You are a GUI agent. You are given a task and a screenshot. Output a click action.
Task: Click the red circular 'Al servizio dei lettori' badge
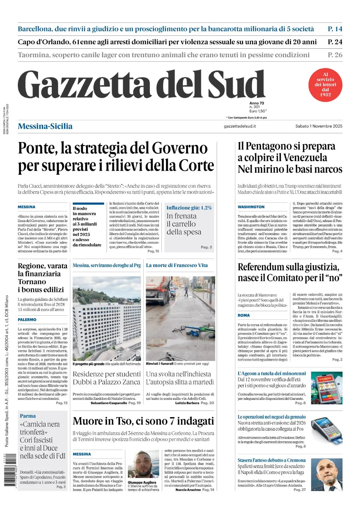point(325,85)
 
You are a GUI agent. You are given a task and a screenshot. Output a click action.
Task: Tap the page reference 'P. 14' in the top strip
point(335,29)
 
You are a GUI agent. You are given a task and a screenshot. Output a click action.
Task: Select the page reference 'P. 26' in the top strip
point(335,55)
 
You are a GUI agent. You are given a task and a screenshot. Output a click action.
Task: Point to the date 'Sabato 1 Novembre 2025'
point(319,126)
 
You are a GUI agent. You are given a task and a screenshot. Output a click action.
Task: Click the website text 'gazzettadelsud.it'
point(240,126)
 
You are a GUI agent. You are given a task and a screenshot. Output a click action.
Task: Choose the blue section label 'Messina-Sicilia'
point(45,126)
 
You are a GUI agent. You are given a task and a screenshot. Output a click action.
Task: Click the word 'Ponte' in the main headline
point(37,148)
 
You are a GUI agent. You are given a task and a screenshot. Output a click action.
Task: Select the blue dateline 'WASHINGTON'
point(251,207)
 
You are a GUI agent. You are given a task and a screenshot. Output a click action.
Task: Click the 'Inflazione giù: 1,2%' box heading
point(189,208)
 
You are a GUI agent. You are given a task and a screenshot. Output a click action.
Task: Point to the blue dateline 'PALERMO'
point(27,320)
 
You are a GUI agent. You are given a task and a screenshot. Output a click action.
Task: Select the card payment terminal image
point(326,430)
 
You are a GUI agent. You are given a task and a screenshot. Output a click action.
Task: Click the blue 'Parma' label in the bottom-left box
point(28,416)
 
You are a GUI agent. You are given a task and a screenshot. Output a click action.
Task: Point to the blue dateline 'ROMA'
point(244,315)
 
